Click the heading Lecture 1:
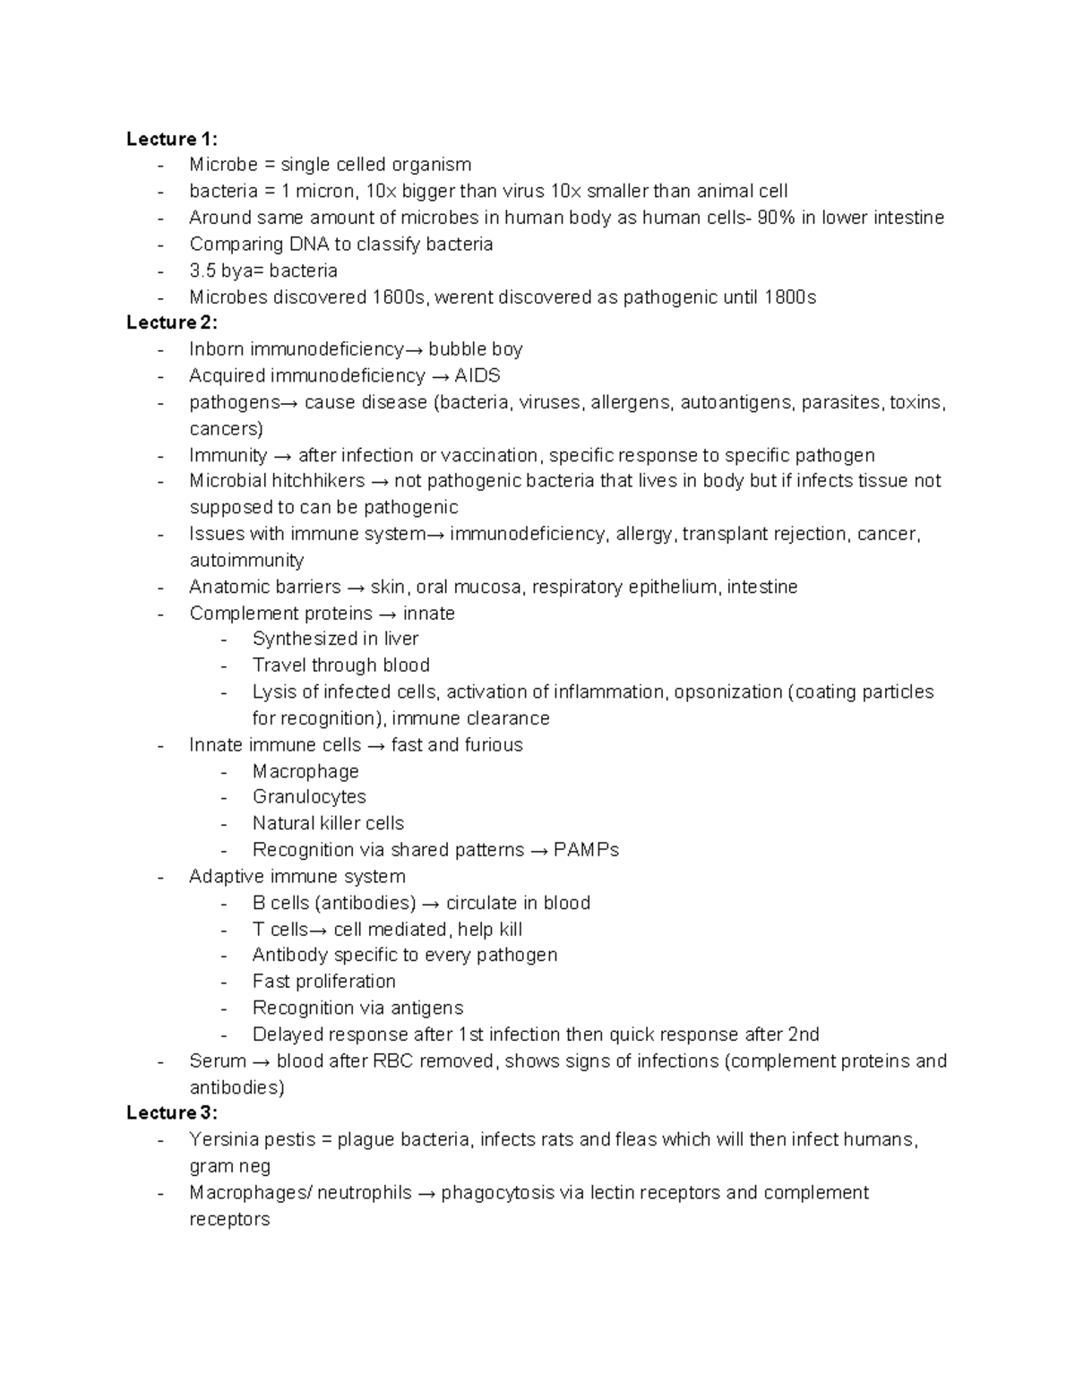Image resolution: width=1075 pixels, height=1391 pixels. [171, 139]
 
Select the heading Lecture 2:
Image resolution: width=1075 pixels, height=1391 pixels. [171, 322]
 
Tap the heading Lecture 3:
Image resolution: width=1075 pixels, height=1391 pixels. [171, 1112]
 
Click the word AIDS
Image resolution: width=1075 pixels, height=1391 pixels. [477, 375]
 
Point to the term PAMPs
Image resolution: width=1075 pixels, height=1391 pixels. [586, 850]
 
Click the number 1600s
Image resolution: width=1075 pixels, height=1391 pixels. [400, 297]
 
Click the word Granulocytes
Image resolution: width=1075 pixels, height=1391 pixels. [309, 797]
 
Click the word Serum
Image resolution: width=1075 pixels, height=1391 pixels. [218, 1061]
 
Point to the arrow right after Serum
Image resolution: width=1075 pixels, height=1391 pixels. [261, 1061]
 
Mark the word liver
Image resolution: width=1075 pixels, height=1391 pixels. [400, 639]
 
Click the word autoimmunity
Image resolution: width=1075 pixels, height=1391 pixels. [246, 561]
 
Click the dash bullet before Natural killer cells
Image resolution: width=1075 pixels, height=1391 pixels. [224, 824]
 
